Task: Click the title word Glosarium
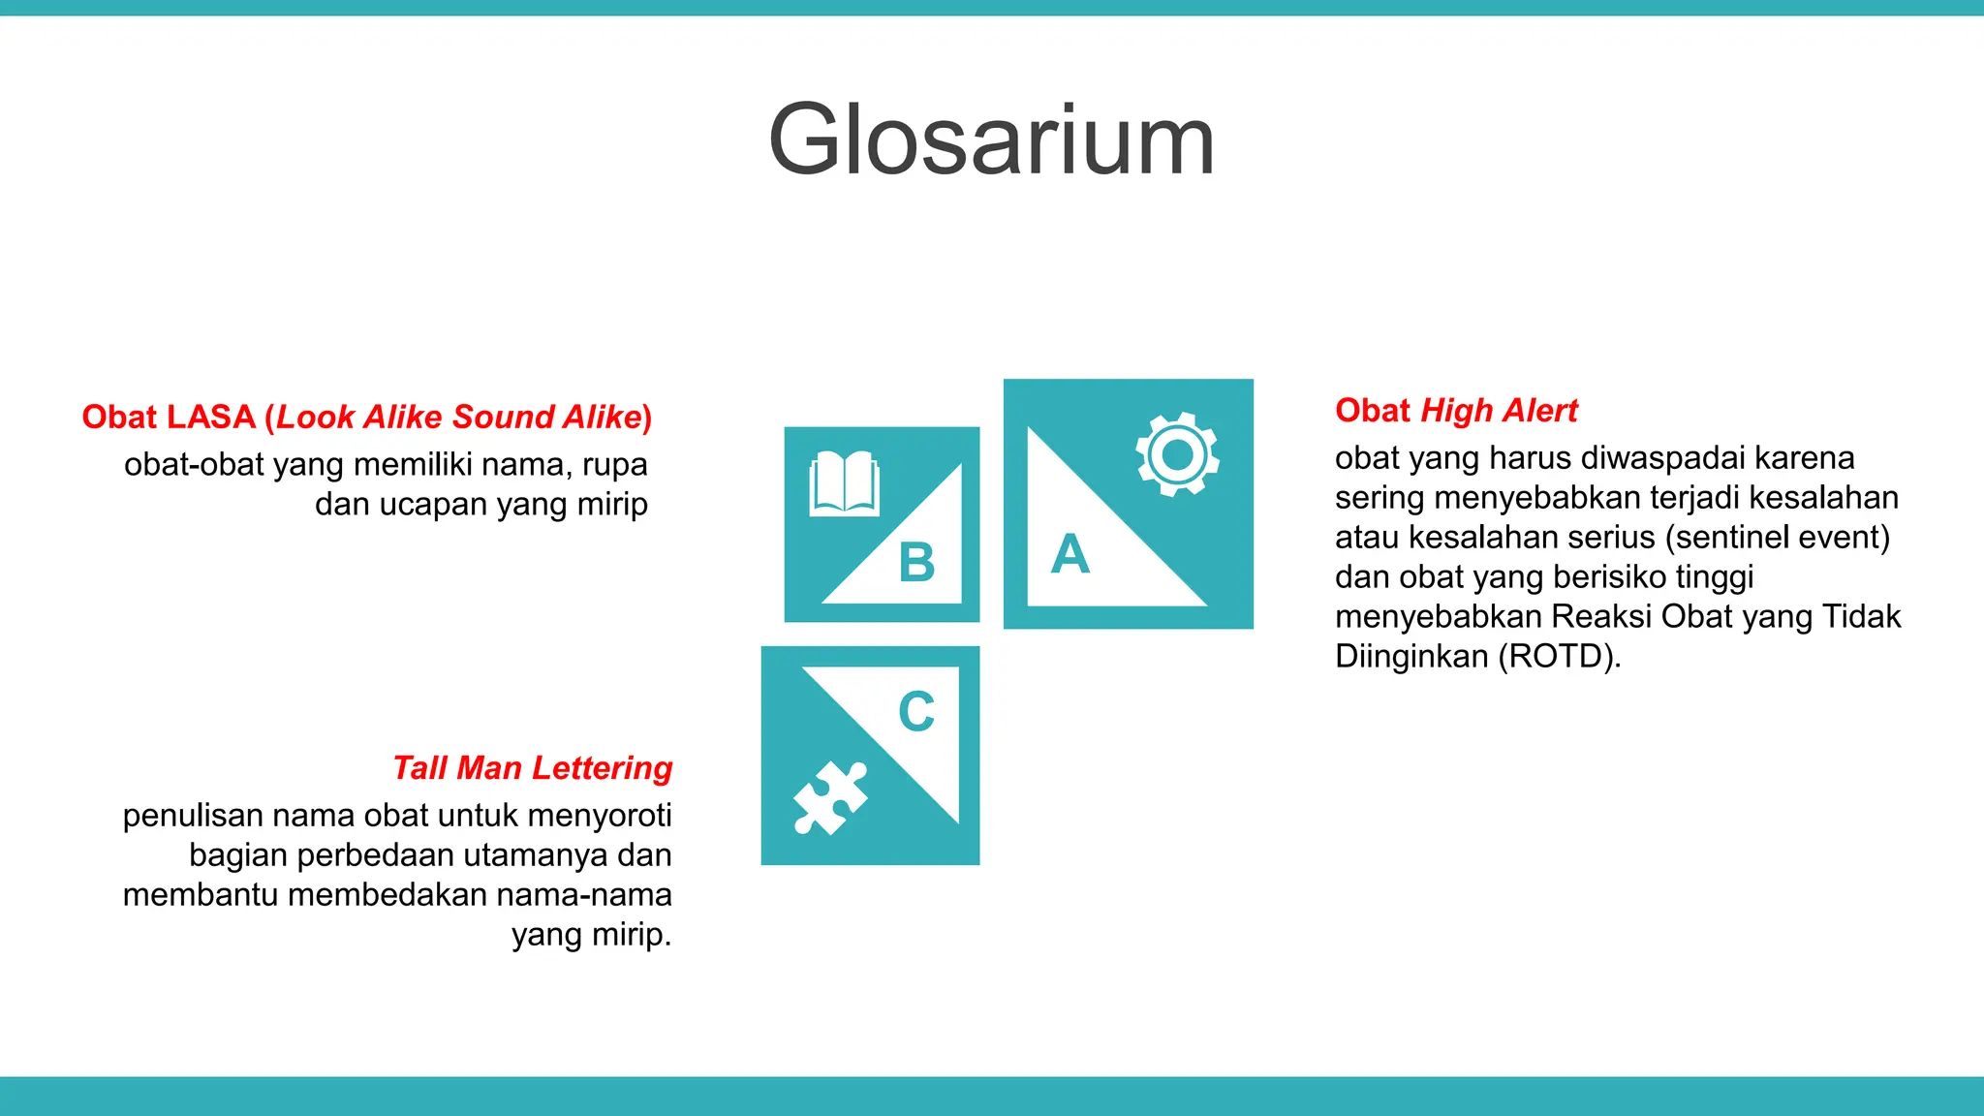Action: (991, 141)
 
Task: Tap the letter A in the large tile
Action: (1070, 554)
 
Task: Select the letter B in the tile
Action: (916, 563)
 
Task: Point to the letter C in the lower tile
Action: (916, 712)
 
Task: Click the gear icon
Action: (1177, 454)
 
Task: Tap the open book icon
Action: (845, 483)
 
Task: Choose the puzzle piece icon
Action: (830, 797)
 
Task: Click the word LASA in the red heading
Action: (209, 418)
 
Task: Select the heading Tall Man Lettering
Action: (532, 768)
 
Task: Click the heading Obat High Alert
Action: (1456, 411)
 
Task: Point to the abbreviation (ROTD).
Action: (1559, 657)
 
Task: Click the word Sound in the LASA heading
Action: (503, 418)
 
